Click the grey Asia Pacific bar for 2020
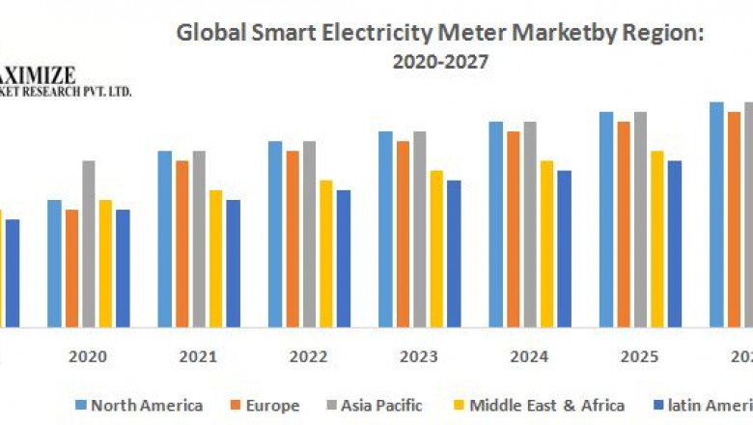click(89, 243)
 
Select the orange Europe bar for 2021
click(182, 243)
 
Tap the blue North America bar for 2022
click(275, 234)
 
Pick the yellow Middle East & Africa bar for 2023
click(436, 248)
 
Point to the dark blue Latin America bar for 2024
click(564, 248)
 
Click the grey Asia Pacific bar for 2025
click(640, 219)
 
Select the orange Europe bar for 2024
click(514, 229)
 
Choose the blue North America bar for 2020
click(54, 263)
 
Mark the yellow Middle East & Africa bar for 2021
click(215, 258)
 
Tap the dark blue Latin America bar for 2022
click(344, 258)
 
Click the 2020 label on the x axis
click(87, 356)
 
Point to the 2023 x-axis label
click(418, 356)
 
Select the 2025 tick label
click(639, 356)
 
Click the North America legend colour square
click(81, 405)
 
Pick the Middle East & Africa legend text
click(546, 405)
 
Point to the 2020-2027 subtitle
click(440, 63)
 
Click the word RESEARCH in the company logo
click(56, 92)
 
